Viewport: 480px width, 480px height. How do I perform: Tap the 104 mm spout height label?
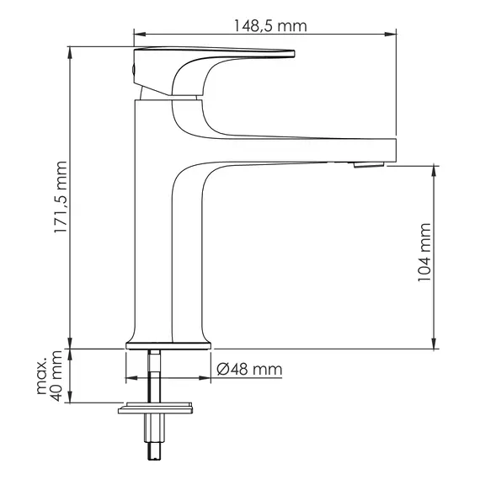click(424, 253)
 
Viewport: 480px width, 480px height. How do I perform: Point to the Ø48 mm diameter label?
click(248, 370)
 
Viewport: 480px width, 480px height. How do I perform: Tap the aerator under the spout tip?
click(365, 166)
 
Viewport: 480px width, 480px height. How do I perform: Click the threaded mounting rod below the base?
click(155, 379)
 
